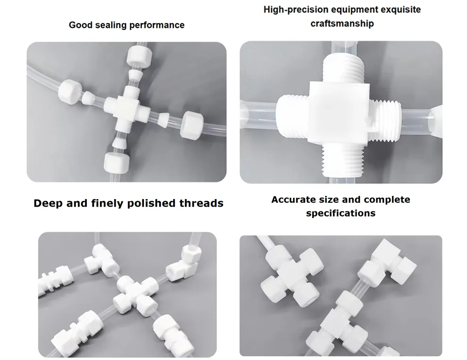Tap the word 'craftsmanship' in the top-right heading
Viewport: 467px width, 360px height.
[x=342, y=24]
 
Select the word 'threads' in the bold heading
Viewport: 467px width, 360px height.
[x=201, y=203]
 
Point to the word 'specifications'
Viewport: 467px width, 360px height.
[x=341, y=213]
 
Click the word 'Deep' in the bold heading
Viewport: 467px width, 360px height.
[x=48, y=203]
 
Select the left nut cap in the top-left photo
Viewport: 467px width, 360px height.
[x=70, y=92]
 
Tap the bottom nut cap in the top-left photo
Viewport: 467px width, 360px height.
[x=117, y=162]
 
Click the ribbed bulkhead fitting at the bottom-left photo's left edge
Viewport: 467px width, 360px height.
[x=54, y=280]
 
